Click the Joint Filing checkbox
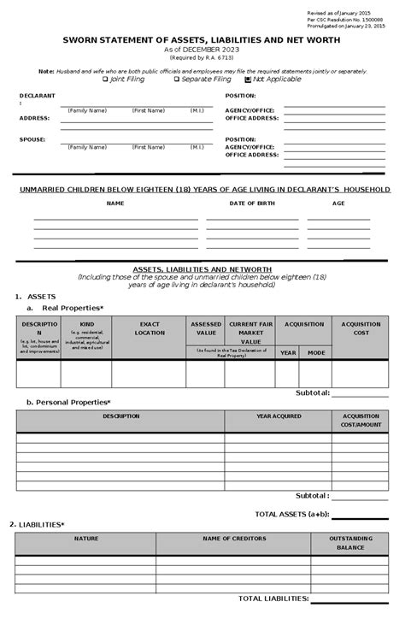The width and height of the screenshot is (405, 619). coord(105,79)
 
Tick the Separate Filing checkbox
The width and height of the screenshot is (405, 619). coord(176,79)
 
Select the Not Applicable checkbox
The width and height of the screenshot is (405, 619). coord(248,79)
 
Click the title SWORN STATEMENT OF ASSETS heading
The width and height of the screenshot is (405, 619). coord(202,40)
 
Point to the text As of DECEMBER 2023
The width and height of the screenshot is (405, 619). coord(202,50)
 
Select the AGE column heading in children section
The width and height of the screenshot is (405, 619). coord(338,203)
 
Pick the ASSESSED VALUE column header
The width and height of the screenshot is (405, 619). coord(205,328)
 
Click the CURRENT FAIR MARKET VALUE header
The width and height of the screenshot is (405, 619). coord(250,333)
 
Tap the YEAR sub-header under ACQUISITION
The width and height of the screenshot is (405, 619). coord(288,352)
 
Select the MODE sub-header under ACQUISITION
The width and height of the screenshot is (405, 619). coord(316,352)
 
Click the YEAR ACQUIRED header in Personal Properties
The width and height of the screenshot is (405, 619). coord(279,416)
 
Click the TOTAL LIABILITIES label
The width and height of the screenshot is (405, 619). coord(273,598)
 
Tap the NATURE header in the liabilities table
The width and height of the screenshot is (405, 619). coord(85,539)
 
